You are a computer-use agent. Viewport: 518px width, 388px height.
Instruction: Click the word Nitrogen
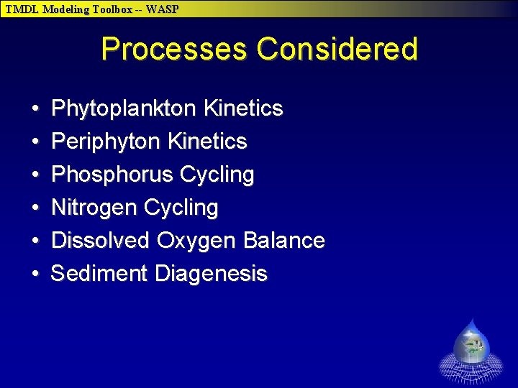(x=94, y=208)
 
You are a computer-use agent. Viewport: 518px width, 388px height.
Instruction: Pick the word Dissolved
(x=100, y=240)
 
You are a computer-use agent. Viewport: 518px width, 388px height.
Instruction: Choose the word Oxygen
(x=196, y=241)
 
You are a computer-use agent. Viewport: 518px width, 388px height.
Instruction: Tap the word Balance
(x=283, y=240)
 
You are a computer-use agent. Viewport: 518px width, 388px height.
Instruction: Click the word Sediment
(x=99, y=273)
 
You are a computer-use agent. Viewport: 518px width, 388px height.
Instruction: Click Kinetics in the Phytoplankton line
(x=243, y=108)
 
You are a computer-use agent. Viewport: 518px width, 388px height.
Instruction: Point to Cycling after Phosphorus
(x=217, y=175)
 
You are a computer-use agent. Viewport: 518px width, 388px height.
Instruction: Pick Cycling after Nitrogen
(x=181, y=208)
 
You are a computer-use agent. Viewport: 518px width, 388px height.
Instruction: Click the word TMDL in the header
(x=22, y=9)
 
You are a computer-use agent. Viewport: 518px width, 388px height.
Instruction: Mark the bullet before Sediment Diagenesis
(x=35, y=274)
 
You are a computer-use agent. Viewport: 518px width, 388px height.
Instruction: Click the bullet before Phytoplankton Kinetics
(x=35, y=109)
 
